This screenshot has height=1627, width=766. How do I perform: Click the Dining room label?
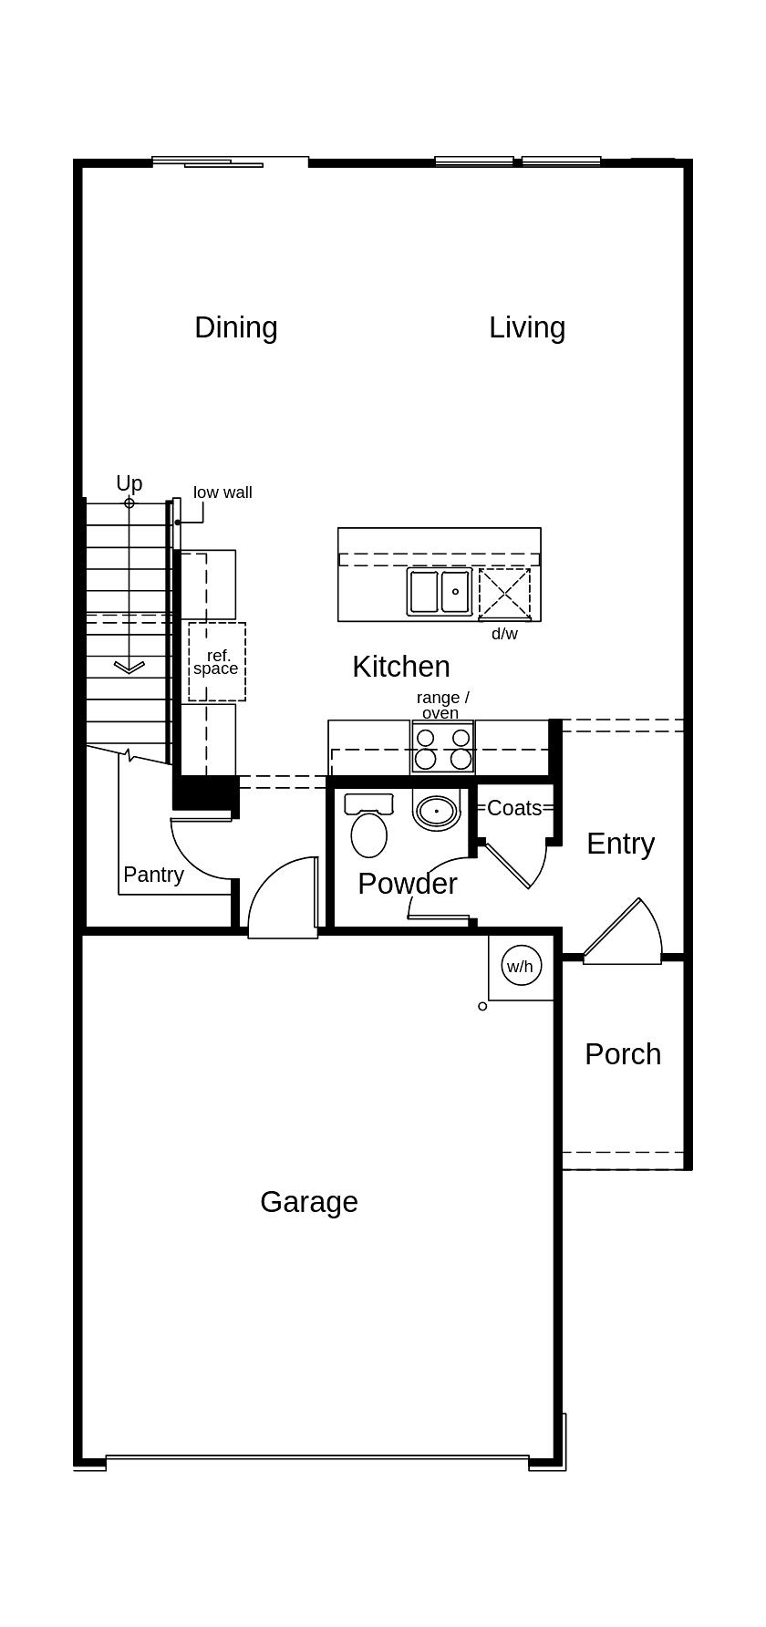click(x=235, y=327)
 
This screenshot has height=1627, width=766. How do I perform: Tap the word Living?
click(x=526, y=327)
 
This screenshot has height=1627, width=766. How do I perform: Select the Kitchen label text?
click(x=400, y=667)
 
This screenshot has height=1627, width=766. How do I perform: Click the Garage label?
click(x=308, y=1202)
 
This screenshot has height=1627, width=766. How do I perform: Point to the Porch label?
click(x=622, y=1054)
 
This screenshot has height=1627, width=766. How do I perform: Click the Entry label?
click(x=620, y=844)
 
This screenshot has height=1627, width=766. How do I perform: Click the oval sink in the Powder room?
click(x=437, y=810)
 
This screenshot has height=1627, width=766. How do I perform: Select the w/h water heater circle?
click(x=520, y=967)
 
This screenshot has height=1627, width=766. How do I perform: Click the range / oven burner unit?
click(x=442, y=748)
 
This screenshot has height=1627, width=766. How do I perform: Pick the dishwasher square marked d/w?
click(x=504, y=593)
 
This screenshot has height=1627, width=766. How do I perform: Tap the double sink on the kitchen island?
click(x=440, y=592)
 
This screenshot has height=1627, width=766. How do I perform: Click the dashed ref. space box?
click(x=216, y=662)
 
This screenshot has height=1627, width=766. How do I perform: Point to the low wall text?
click(x=223, y=492)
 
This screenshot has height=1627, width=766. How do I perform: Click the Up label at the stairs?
click(x=129, y=483)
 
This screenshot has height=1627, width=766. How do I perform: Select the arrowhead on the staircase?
click(x=129, y=668)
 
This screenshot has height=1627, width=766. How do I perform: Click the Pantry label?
click(x=153, y=875)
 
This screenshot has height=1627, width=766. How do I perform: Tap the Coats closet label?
click(x=513, y=808)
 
